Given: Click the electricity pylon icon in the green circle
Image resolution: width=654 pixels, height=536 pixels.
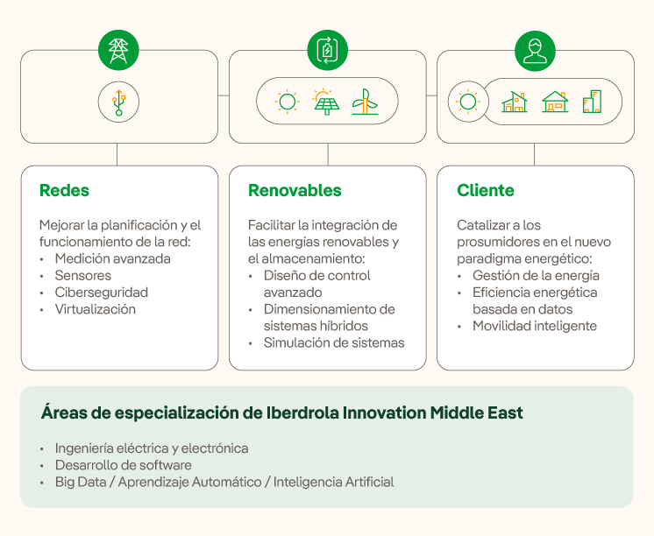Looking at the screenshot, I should tap(118, 50).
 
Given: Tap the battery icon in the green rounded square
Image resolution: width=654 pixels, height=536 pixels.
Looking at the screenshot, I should tap(327, 50).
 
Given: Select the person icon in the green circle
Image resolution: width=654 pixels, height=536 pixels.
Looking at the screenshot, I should tap(535, 50).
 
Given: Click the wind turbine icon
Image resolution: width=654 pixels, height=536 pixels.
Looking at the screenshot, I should tap(365, 102).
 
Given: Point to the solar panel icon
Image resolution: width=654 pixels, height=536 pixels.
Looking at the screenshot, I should tap(326, 102).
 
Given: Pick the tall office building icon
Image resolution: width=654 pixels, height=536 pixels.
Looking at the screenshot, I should tap(593, 102).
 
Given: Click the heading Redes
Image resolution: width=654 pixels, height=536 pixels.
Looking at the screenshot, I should tap(64, 190).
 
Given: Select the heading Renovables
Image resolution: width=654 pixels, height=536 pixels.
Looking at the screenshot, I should tap(295, 190).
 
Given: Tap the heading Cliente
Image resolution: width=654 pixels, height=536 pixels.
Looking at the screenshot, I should tap(485, 190).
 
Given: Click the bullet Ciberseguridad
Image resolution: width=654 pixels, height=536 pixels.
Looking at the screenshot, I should tap(101, 293).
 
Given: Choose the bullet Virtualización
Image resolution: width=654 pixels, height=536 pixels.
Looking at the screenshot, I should tap(95, 309).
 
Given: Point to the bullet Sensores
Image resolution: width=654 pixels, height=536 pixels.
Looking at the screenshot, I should tap(83, 276).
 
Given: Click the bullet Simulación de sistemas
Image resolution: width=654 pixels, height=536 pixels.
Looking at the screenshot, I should tap(334, 342).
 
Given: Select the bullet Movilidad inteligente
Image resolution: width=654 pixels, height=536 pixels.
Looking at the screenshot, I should tap(534, 326).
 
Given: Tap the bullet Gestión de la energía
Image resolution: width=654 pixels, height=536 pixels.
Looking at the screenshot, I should tap(536, 276).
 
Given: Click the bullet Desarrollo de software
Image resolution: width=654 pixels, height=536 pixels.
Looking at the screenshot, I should tap(123, 465).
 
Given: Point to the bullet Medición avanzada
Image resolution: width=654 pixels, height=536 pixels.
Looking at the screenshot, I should tap(112, 259).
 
